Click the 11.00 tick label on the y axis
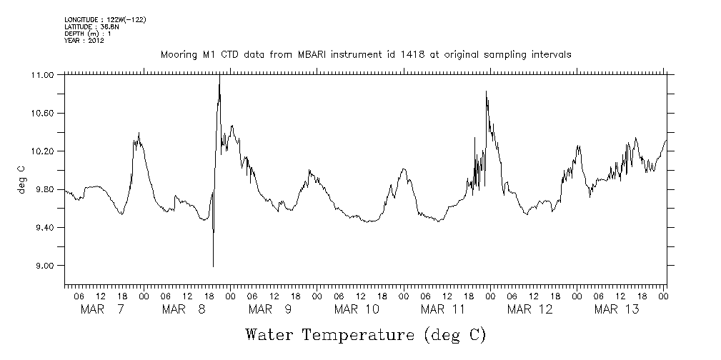coord(44,75)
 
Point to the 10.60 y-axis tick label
coord(44,114)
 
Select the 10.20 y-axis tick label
coord(44,151)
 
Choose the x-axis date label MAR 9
coord(269,309)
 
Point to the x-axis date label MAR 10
coord(357,309)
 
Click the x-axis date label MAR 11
coord(443,309)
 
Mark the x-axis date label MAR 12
coord(529,309)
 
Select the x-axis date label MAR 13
coord(617,309)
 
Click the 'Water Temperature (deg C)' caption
coord(365,334)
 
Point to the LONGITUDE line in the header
coord(105,19)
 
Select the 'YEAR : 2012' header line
coord(84,41)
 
